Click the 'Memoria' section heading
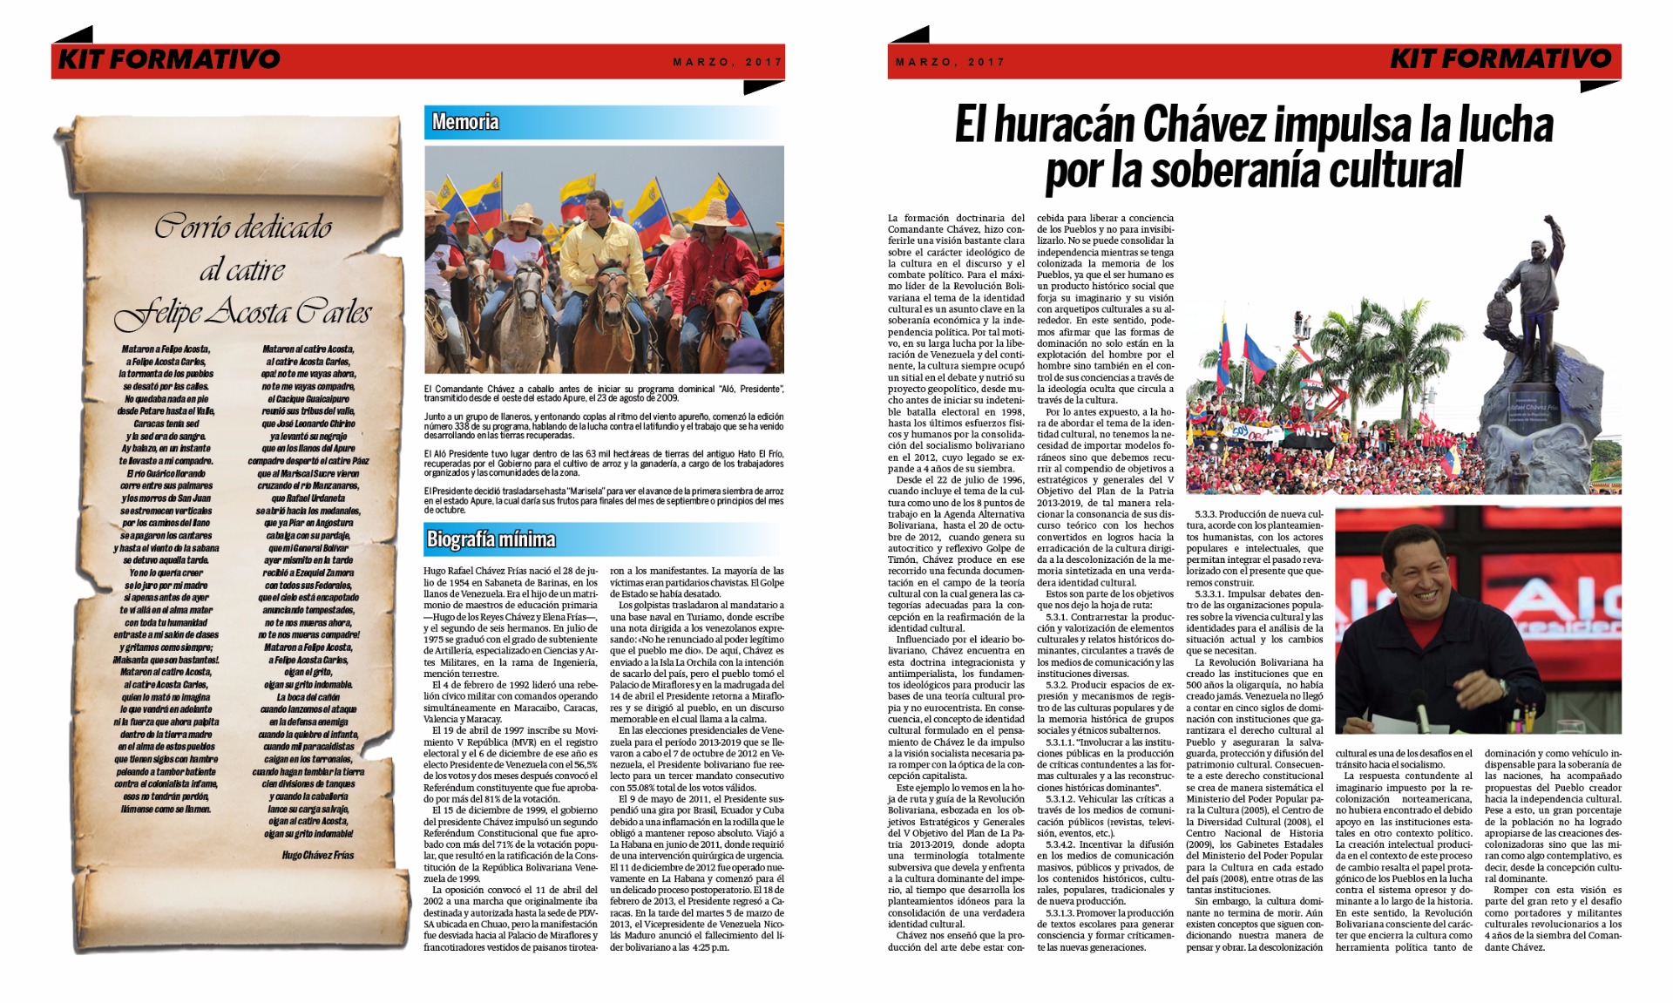[x=465, y=122]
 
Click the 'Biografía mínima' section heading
[x=491, y=539]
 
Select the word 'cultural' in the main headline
[x=1398, y=170]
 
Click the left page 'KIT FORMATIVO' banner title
[x=169, y=59]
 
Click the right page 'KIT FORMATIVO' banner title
[x=1500, y=59]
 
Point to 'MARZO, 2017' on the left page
[x=728, y=63]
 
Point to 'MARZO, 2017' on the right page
[x=950, y=63]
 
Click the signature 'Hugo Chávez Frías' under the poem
[x=317, y=855]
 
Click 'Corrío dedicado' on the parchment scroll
[x=243, y=227]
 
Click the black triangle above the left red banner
[x=74, y=36]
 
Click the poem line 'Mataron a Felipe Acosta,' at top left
[x=166, y=349]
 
